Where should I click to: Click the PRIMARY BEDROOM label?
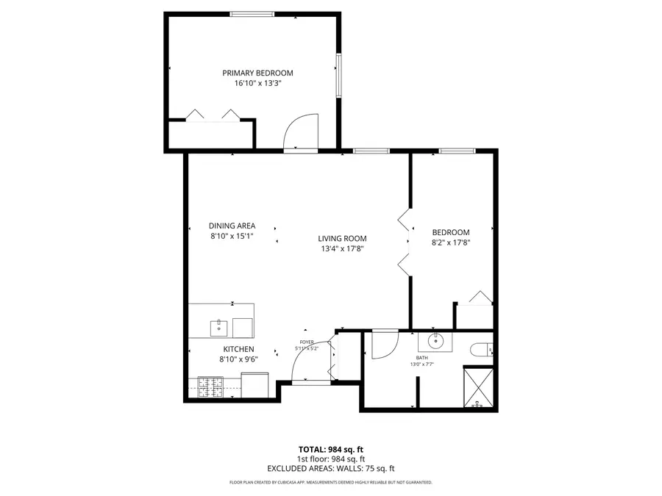pyautogui.click(x=257, y=73)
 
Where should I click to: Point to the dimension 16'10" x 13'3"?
pyautogui.click(x=257, y=84)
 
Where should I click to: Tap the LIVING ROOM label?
pyautogui.click(x=342, y=238)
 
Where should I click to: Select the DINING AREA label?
pyautogui.click(x=232, y=226)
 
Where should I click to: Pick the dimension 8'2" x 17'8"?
pyautogui.click(x=450, y=243)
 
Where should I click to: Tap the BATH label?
pyautogui.click(x=421, y=357)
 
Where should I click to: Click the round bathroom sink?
pyautogui.click(x=435, y=340)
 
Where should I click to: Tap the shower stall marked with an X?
pyautogui.click(x=477, y=386)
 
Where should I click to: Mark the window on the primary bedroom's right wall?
pyautogui.click(x=339, y=74)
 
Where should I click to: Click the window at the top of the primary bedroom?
pyautogui.click(x=252, y=14)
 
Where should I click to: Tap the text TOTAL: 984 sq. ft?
pyautogui.click(x=330, y=449)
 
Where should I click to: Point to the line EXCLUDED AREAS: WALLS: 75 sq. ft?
pyautogui.click(x=330, y=468)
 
